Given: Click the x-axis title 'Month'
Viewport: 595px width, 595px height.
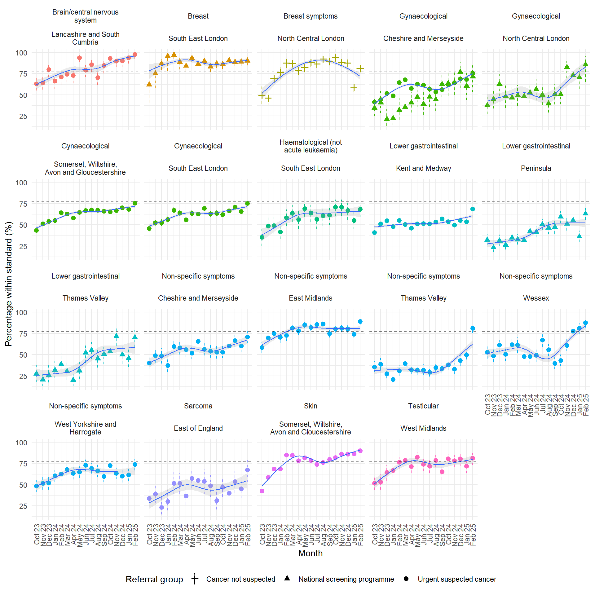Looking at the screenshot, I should pyautogui.click(x=311, y=553).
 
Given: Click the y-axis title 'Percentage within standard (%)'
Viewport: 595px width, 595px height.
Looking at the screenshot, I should pyautogui.click(x=9, y=284).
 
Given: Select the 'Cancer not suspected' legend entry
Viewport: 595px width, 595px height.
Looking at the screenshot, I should pyautogui.click(x=240, y=579).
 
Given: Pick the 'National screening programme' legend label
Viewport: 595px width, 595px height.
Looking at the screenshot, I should pyautogui.click(x=346, y=579).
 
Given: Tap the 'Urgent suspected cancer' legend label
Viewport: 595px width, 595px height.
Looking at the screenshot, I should pyautogui.click(x=457, y=579).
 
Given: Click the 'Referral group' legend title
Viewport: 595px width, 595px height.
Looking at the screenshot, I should pyautogui.click(x=154, y=579).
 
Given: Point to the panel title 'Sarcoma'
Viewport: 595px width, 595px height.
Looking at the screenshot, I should pyautogui.click(x=198, y=406).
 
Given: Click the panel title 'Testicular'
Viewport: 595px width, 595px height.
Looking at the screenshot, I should pyautogui.click(x=423, y=406).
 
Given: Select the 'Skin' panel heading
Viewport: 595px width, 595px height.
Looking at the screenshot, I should pyautogui.click(x=311, y=406).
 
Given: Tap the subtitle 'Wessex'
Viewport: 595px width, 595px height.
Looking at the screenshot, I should pyautogui.click(x=536, y=298).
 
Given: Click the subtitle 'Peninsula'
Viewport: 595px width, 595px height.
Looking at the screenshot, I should pyautogui.click(x=536, y=168).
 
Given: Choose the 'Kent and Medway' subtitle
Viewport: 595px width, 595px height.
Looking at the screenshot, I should pyautogui.click(x=423, y=168).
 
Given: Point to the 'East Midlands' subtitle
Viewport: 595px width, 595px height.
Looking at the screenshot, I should pyautogui.click(x=311, y=298).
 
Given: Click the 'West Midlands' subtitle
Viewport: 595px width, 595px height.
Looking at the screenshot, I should pyautogui.click(x=423, y=428).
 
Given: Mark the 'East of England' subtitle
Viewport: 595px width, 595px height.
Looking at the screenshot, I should pyautogui.click(x=198, y=428).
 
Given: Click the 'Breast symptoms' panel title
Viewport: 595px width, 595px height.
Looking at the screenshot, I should pyautogui.click(x=311, y=16).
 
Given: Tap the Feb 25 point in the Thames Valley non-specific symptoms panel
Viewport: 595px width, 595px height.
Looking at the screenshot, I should pyautogui.click(x=473, y=328).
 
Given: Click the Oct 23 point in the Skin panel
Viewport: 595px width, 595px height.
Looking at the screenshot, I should pyautogui.click(x=262, y=491).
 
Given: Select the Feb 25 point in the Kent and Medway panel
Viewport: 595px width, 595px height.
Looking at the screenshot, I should pyautogui.click(x=473, y=209).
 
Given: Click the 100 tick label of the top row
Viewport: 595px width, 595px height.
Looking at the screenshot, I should pyautogui.click(x=21, y=53).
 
